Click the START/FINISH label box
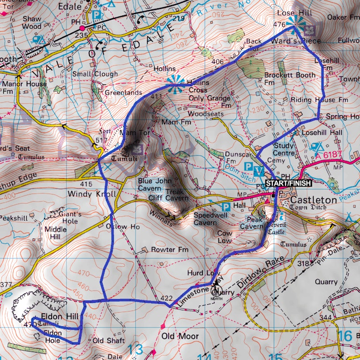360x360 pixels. [287, 182]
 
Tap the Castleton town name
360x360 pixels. [314, 200]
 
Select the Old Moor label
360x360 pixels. [180, 336]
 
